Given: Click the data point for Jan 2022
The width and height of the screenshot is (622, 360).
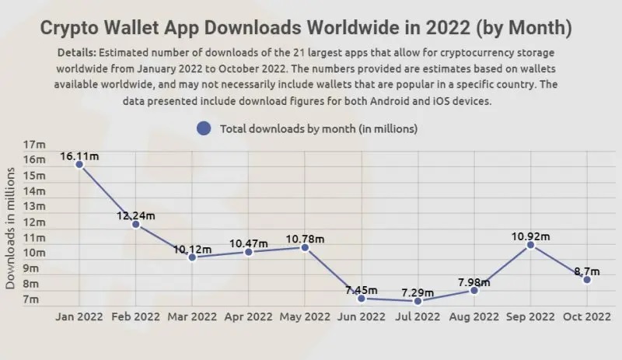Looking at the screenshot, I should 79,165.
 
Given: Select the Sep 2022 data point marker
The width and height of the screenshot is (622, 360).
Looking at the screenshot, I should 530,245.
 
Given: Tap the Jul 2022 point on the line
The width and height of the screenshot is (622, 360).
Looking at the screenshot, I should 418,301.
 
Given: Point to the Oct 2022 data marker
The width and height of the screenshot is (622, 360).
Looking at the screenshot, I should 587,279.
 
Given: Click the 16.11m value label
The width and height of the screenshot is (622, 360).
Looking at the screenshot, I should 79,156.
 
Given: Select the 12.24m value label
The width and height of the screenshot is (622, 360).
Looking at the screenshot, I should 136,215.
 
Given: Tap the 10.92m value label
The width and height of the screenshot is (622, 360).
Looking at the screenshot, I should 531,236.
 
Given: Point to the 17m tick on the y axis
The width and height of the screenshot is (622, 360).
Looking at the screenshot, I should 35,145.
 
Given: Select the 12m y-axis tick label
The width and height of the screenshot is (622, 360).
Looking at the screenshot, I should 35,222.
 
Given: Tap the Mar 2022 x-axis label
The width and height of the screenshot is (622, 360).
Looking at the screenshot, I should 192,317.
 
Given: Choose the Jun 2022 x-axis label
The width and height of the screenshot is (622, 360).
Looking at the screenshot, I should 362,317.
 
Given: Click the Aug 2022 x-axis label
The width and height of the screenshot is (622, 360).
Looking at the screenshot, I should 474,317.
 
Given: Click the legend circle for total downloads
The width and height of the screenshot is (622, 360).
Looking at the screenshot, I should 204,128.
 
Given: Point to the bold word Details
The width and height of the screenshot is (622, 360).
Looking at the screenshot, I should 79,52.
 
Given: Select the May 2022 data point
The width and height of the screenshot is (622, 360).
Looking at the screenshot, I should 305,247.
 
